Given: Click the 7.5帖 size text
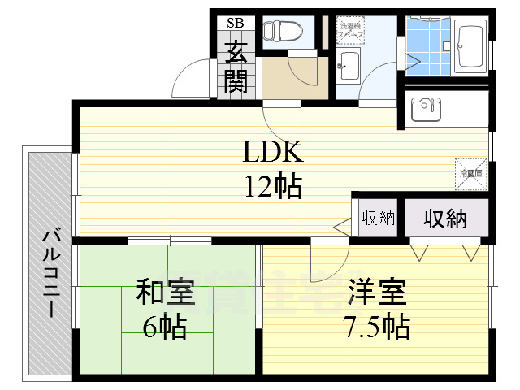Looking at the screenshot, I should (x=375, y=327).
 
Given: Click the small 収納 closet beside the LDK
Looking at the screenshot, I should (x=378, y=218).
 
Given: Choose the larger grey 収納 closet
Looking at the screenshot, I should (x=444, y=218).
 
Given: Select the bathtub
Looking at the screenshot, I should (x=470, y=47).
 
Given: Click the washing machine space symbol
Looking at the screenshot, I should (x=352, y=30).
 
